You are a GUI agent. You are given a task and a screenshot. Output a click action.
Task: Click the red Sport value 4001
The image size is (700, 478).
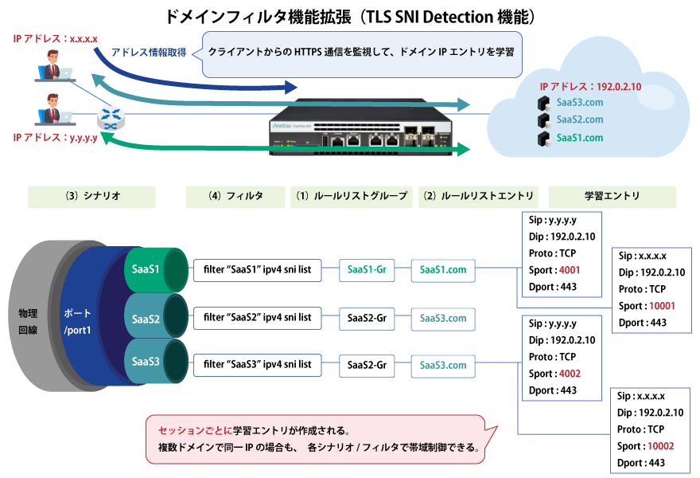click(x=569, y=270)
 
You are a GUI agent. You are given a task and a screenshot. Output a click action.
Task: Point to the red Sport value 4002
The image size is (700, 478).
click(x=569, y=374)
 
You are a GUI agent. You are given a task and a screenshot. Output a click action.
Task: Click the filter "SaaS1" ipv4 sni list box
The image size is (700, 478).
click(x=257, y=270)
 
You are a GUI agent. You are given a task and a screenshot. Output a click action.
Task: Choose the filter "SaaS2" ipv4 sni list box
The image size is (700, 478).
click(x=257, y=318)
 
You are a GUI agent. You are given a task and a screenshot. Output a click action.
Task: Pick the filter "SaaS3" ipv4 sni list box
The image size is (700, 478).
click(x=257, y=365)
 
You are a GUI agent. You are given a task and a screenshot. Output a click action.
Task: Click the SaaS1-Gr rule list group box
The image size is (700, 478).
click(x=366, y=270)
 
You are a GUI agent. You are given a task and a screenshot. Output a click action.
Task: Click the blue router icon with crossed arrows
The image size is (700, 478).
click(x=110, y=119)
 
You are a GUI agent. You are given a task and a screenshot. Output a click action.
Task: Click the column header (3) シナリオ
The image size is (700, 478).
click(x=91, y=196)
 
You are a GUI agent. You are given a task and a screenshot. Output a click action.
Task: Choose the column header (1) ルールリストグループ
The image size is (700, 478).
click(x=351, y=196)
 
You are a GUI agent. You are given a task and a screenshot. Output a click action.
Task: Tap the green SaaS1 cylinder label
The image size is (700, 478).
click(x=145, y=269)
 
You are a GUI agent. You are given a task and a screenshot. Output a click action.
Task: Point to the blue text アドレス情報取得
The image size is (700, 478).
click(x=149, y=52)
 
